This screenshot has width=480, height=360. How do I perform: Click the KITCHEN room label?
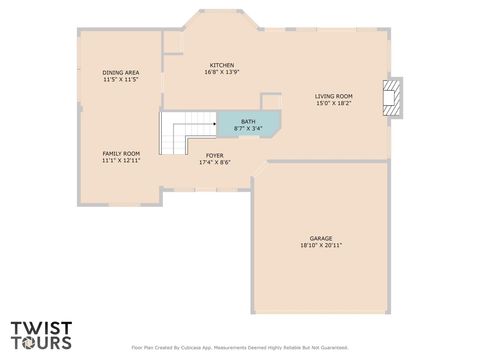tap(221, 65)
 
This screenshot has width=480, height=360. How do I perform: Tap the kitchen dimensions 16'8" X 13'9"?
tap(221, 72)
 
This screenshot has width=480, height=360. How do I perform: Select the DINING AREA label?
tap(120, 72)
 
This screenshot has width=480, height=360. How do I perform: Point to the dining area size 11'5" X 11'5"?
tap(120, 79)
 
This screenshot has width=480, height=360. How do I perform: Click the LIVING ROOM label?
tap(333, 95)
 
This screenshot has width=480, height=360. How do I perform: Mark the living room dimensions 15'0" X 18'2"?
tap(333, 102)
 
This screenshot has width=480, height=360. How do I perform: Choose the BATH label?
tap(247, 121)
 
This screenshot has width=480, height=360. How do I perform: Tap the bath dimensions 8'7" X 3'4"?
tap(247, 128)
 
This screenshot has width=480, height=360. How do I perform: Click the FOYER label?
tap(214, 155)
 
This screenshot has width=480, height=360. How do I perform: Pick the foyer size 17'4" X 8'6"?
tap(214, 162)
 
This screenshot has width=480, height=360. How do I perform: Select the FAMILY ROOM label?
tap(120, 153)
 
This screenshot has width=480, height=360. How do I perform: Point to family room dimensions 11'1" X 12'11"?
tap(120, 160)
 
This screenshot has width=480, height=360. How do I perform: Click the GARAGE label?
tap(320, 238)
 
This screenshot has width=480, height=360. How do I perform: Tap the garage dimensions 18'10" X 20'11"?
tap(320, 245)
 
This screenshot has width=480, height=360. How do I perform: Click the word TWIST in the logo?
tap(41, 327)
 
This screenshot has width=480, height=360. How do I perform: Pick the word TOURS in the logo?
tap(41, 342)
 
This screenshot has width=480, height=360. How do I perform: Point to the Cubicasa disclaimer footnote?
tap(239, 348)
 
